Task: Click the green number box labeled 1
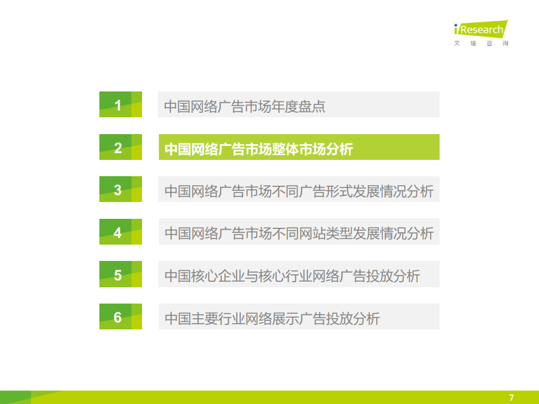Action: tap(121, 104)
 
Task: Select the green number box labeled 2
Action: tap(121, 147)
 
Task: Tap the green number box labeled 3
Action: tap(121, 189)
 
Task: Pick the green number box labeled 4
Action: tap(121, 232)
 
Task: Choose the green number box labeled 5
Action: tap(121, 274)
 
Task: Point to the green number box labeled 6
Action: tap(121, 316)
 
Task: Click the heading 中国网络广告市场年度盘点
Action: tap(244, 107)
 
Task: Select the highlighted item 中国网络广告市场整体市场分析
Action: tap(258, 149)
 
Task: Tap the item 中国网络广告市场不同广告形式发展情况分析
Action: tap(299, 191)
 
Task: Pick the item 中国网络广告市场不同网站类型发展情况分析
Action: tap(299, 233)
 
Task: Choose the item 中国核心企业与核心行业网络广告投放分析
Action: tap(292, 276)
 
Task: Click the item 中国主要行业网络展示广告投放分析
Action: tap(272, 319)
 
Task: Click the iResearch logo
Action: tap(481, 29)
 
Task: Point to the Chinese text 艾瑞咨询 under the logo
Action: tap(481, 43)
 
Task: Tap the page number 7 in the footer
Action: tap(511, 397)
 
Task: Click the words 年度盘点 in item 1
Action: tap(298, 107)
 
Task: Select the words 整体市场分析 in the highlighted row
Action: tap(313, 149)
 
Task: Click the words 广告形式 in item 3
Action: tap(326, 191)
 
